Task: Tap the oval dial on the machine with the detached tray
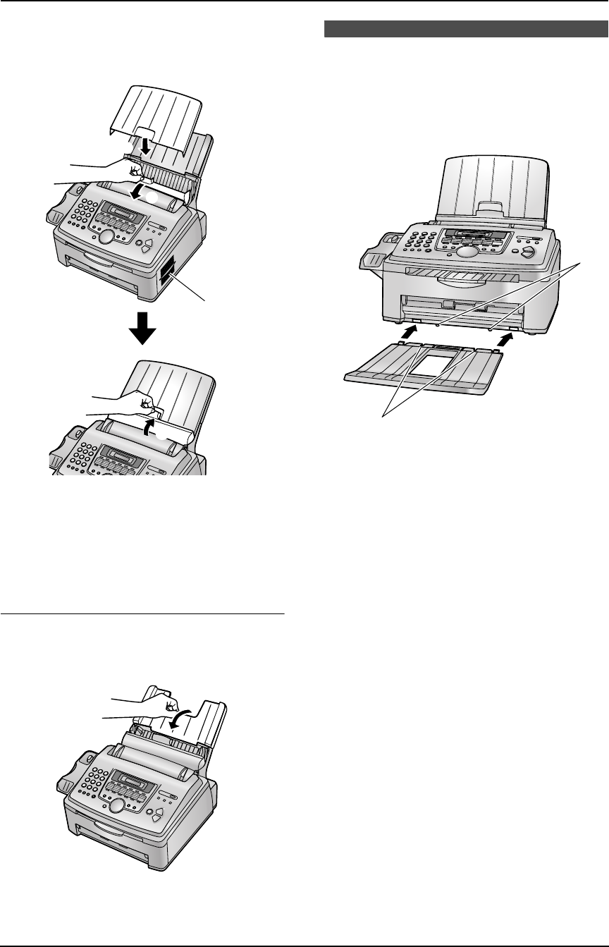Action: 466,252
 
